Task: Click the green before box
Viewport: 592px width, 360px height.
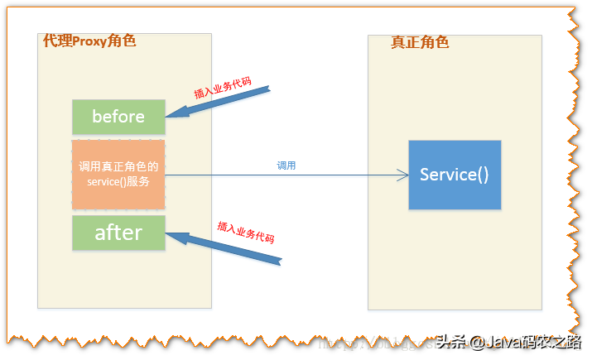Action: [x=118, y=117]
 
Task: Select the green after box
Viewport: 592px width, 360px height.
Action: [x=118, y=233]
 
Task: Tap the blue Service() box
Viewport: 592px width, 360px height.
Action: [x=455, y=175]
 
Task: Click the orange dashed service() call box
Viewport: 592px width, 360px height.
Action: [x=118, y=175]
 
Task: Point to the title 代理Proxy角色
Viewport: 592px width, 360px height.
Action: [x=89, y=41]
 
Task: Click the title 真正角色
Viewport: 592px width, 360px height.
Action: [x=420, y=42]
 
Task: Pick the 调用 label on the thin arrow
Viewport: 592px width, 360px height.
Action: [x=286, y=166]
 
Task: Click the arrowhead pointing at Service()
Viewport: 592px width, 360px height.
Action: [x=403, y=175]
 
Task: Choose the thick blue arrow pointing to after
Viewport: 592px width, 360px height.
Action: [x=224, y=249]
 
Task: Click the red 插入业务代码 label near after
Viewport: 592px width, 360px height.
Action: [x=245, y=232]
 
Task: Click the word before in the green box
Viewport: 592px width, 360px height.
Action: [x=118, y=117]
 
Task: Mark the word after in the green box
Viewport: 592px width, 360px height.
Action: [x=118, y=233]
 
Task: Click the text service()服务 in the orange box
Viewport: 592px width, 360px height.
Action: [x=118, y=182]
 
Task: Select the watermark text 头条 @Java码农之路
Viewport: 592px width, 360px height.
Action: [x=507, y=342]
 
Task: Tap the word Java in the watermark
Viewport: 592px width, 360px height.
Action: [x=508, y=342]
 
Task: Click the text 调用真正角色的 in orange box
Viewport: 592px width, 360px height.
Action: [x=118, y=167]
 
